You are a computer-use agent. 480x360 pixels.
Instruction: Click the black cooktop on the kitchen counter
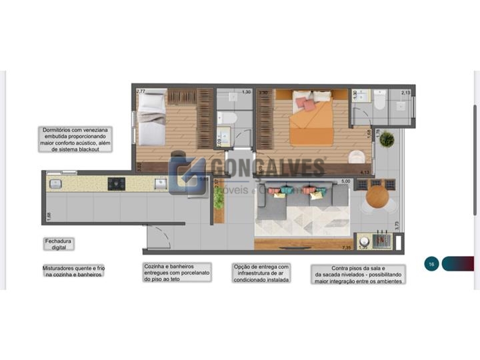pyautogui.click(x=116, y=183)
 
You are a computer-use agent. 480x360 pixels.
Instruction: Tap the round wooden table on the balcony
pyautogui.click(x=377, y=197)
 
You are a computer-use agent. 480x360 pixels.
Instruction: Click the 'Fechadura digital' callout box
pyautogui.click(x=58, y=243)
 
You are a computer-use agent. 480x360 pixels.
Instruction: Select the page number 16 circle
pyautogui.click(x=432, y=264)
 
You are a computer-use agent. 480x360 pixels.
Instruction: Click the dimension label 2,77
pyautogui.click(x=141, y=91)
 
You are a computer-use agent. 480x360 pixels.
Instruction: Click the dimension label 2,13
pyautogui.click(x=406, y=93)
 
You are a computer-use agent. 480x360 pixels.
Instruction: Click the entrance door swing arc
pyautogui.click(x=158, y=237)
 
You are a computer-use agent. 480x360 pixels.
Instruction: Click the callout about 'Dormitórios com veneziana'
pyautogui.click(x=75, y=140)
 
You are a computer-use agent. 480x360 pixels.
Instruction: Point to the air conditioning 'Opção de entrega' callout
pyautogui.click(x=261, y=273)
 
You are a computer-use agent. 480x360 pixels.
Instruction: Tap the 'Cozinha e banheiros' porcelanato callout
pyautogui.click(x=177, y=272)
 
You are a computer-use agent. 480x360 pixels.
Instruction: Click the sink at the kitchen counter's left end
pyautogui.click(x=56, y=183)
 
